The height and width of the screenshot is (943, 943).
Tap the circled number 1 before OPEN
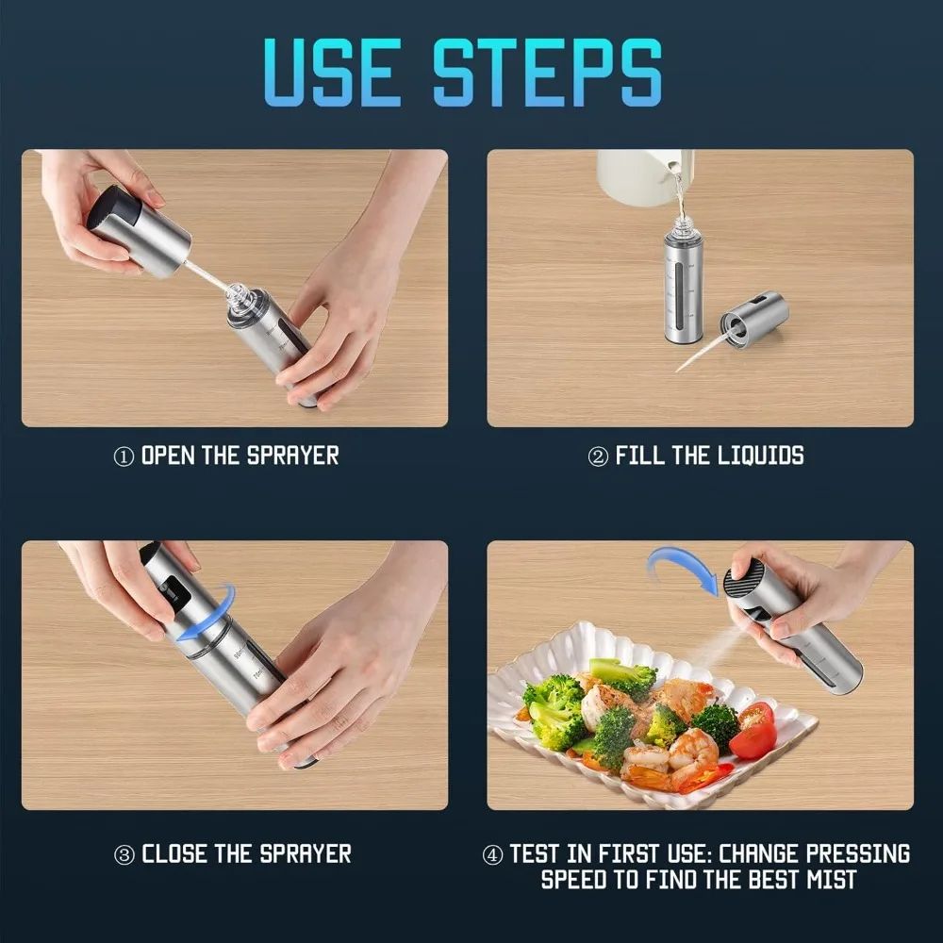tap(124, 457)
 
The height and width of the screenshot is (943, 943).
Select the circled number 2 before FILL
tap(598, 457)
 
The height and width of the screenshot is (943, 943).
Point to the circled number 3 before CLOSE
tap(124, 855)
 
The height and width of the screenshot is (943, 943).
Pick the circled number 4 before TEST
tap(492, 855)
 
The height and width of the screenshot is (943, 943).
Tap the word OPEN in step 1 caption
tap(168, 456)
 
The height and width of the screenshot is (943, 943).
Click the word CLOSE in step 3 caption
tap(174, 854)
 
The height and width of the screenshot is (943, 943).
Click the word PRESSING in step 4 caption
tap(853, 854)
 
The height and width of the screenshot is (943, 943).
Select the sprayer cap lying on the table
tap(753, 319)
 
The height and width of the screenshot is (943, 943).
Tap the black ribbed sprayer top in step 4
tap(745, 576)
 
